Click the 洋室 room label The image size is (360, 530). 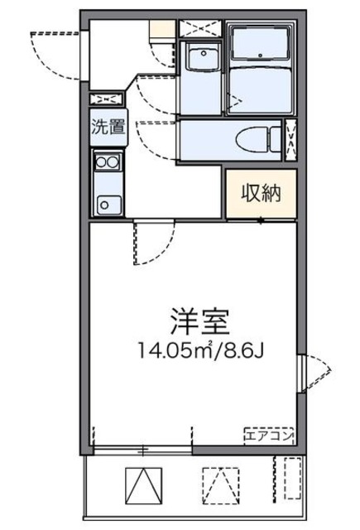pos(196,318)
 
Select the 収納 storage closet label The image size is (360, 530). pos(261,194)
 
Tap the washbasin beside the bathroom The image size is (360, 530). pos(200,60)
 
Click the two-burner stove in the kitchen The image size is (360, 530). pos(108,162)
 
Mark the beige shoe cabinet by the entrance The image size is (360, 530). pos(161,30)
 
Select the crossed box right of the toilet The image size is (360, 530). pos(290,137)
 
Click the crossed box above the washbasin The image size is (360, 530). pos(199,27)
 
